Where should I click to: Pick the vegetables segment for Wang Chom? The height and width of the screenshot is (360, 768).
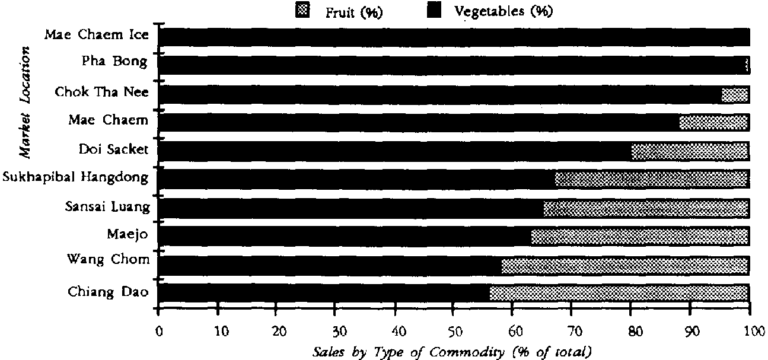(x=329, y=265)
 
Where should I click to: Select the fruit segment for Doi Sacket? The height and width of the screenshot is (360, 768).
(x=689, y=151)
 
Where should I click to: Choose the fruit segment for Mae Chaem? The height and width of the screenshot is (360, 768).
(x=713, y=123)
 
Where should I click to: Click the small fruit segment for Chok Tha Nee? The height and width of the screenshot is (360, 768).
(x=735, y=94)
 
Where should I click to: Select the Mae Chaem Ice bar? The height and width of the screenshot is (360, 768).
(x=454, y=37)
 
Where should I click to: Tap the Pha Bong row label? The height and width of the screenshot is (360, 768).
(x=115, y=62)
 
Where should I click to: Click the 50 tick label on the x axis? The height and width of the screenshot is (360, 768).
(x=454, y=330)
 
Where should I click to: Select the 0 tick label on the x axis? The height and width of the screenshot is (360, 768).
(x=159, y=330)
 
